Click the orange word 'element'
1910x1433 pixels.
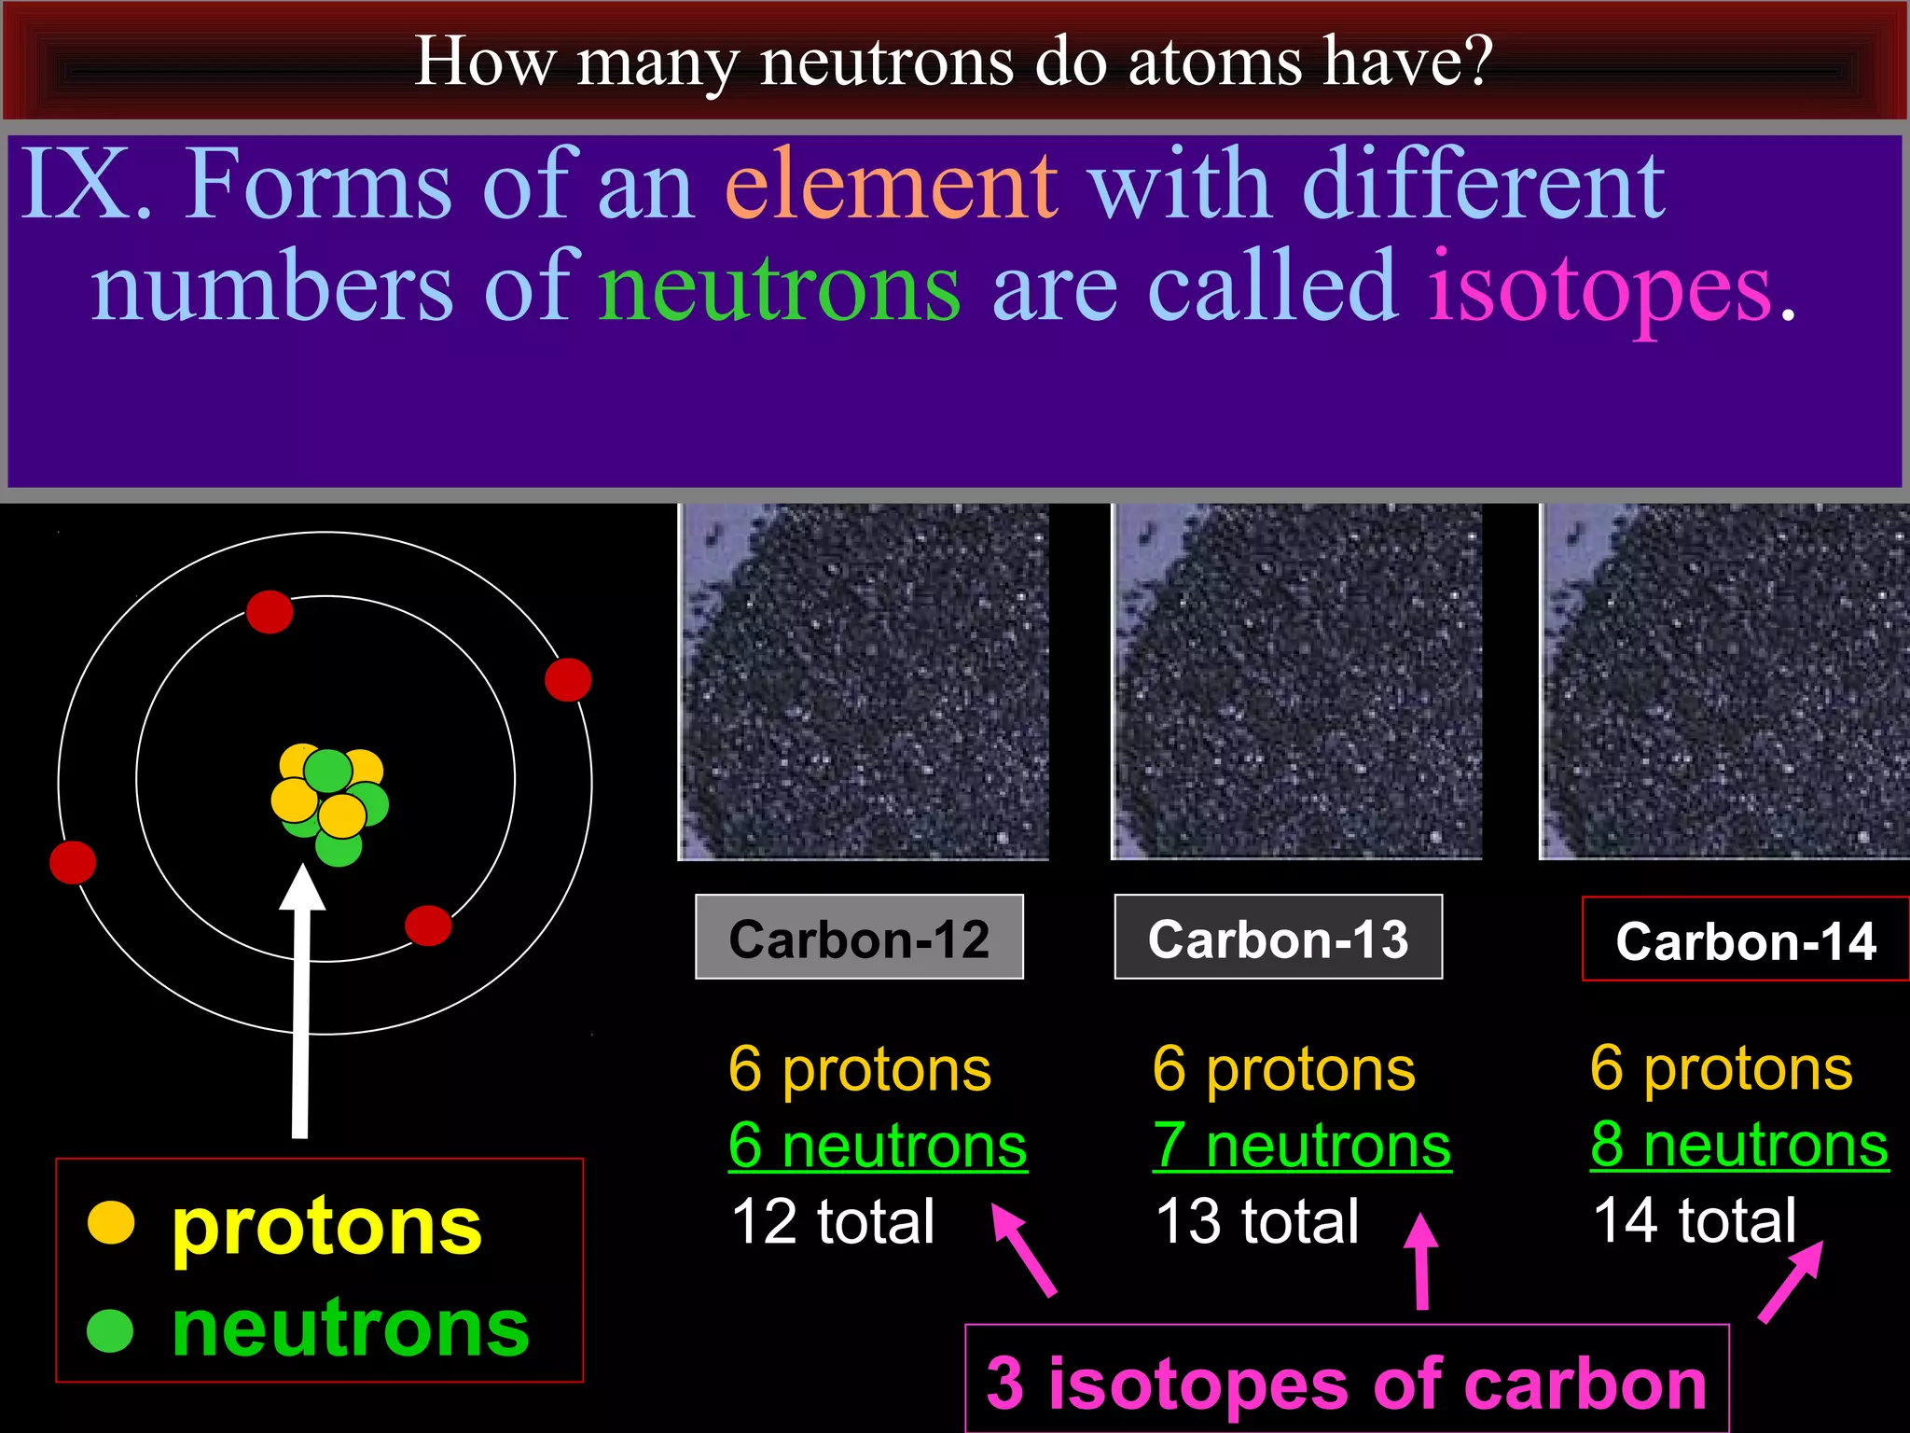pos(891,185)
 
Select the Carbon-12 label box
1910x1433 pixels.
pos(859,938)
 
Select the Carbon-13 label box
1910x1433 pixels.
pos(1278,938)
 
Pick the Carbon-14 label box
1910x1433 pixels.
pos(1745,939)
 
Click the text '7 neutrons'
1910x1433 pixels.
pos(1302,1146)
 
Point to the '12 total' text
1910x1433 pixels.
pos(833,1221)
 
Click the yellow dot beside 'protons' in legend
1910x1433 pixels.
pos(111,1222)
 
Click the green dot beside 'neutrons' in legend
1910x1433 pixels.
pos(111,1330)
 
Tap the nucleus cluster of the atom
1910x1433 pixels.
pos(330,802)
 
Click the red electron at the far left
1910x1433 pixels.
pos(73,861)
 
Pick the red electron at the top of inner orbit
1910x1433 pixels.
pos(270,612)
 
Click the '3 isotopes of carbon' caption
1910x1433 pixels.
pos(1346,1384)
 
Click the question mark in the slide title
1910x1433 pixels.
pos(1474,62)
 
